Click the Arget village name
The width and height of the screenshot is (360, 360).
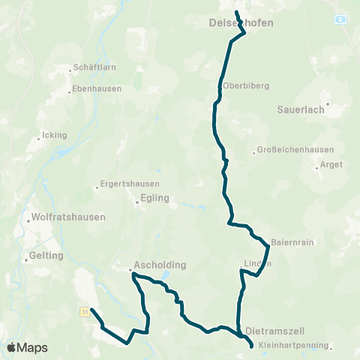pyautogui.click(x=331, y=164)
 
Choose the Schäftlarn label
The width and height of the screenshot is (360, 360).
pyautogui.click(x=93, y=67)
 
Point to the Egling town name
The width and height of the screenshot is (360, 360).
pyautogui.click(x=154, y=199)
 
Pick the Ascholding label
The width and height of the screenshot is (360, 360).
pyautogui.click(x=160, y=265)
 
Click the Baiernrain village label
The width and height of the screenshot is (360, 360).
pyautogui.click(x=290, y=241)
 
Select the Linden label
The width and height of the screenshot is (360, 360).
pyautogui.click(x=256, y=263)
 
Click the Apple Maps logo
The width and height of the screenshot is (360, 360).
pyautogui.click(x=27, y=348)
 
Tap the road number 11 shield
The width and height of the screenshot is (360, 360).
pyautogui.click(x=85, y=311)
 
